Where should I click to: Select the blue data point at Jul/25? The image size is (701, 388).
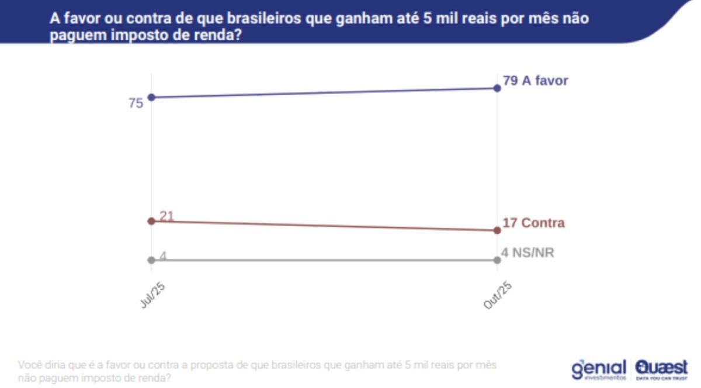[x=151, y=97]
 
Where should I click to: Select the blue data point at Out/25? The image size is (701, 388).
[x=497, y=88]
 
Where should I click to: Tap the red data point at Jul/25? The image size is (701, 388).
[x=151, y=221]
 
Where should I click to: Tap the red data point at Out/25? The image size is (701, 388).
[x=497, y=230]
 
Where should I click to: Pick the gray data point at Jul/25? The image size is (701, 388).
[x=151, y=260]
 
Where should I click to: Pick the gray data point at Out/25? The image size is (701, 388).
[x=497, y=260]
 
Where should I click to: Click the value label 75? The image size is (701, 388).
[x=136, y=103]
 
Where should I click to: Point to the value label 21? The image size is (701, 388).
[x=167, y=216]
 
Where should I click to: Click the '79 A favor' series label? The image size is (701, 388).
[x=535, y=81]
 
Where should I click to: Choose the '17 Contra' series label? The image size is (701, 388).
[x=533, y=223]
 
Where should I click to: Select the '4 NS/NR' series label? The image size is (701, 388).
[x=528, y=253]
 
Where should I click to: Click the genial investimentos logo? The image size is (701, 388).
[x=598, y=369]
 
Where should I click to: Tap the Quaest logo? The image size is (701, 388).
[x=661, y=369]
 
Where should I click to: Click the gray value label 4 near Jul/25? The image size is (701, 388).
[x=164, y=255]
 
